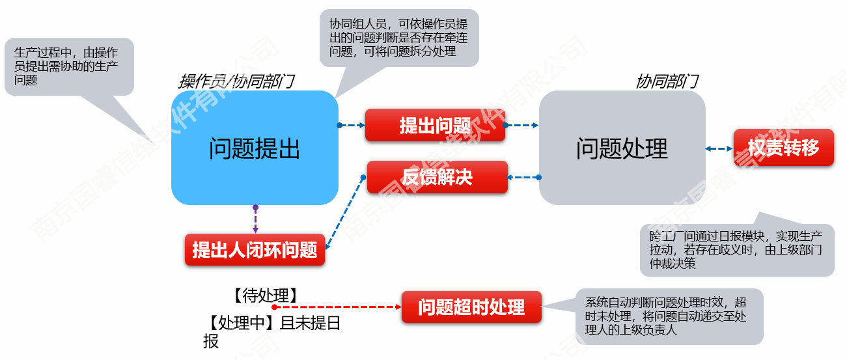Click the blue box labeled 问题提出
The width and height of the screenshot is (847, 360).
pyautogui.click(x=255, y=148)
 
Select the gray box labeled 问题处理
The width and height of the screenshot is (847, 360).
pyautogui.click(x=622, y=148)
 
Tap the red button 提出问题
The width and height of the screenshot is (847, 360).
pyautogui.click(x=435, y=126)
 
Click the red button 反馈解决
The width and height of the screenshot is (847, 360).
pyautogui.click(x=437, y=177)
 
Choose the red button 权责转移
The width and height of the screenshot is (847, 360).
pyautogui.click(x=783, y=148)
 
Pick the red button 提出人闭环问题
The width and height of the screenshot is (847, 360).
pyautogui.click(x=255, y=249)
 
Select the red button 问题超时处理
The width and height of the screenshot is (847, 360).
pyautogui.click(x=471, y=307)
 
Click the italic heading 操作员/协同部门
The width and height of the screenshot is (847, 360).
pyautogui.click(x=236, y=81)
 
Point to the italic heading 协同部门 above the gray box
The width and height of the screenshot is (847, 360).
pyautogui.click(x=667, y=81)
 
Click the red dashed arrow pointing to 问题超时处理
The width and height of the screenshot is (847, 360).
pyautogui.click(x=339, y=307)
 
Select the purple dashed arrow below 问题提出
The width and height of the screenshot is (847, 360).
pyautogui.click(x=255, y=219)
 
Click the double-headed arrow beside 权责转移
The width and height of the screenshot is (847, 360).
pyautogui.click(x=719, y=148)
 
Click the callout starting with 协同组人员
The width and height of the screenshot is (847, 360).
pyautogui.click(x=398, y=38)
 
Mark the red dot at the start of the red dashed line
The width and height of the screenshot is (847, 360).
pyautogui.click(x=275, y=307)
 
